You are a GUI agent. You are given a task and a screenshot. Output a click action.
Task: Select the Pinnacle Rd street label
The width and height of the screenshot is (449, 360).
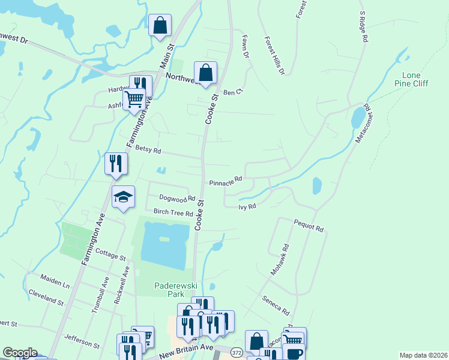pyautogui.click(x=225, y=179)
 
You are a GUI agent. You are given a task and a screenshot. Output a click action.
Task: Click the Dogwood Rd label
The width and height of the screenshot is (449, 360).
pyautogui.click(x=177, y=198)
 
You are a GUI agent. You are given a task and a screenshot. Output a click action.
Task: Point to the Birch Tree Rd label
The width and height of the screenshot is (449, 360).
pyautogui.click(x=173, y=212)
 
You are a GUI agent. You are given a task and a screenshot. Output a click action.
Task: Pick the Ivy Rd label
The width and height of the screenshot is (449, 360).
pyautogui.click(x=247, y=206)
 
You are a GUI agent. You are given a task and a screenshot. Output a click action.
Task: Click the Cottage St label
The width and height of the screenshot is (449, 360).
pyautogui.click(x=109, y=255)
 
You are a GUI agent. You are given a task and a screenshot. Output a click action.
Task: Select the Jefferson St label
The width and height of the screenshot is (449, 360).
pyautogui.click(x=82, y=341)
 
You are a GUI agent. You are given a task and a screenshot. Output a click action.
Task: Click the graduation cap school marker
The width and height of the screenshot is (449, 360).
pyautogui.click(x=123, y=196)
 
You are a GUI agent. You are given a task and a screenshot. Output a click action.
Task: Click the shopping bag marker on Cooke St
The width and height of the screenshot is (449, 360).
pyautogui.click(x=205, y=72)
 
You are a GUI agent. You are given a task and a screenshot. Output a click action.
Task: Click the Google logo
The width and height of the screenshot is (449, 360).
pyautogui.click(x=20, y=353)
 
